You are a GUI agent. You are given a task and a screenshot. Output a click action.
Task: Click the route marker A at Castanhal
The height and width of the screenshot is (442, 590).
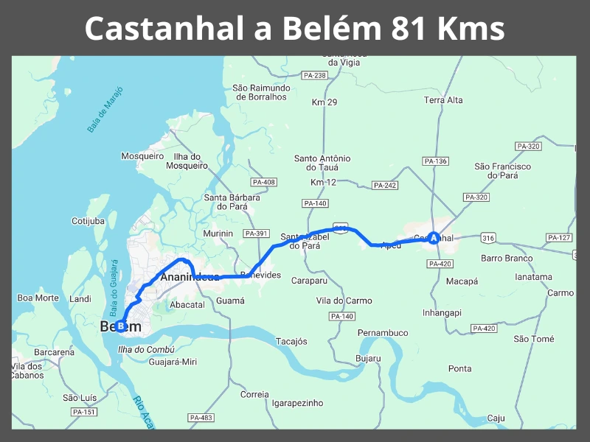click(x=434, y=237)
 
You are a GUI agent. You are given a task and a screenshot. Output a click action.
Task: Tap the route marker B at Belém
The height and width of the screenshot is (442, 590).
click(x=120, y=326)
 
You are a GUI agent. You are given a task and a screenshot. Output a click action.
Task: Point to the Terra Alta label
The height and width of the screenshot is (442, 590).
click(x=443, y=100)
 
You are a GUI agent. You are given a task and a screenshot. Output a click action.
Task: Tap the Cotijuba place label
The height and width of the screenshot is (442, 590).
click(x=88, y=221)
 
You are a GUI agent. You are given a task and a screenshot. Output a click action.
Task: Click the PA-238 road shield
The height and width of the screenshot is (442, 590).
click(x=314, y=75)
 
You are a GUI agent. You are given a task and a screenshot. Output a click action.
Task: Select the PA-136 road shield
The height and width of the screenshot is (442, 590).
click(x=435, y=161)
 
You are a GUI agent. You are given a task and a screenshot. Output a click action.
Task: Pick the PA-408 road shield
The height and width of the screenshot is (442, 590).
click(x=263, y=182)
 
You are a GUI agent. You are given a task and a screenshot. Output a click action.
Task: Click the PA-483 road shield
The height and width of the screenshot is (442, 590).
click(x=201, y=418)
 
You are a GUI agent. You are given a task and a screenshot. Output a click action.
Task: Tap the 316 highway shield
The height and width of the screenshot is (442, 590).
click(x=487, y=237)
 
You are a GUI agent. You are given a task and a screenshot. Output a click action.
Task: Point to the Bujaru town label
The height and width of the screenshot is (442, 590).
click(x=368, y=359)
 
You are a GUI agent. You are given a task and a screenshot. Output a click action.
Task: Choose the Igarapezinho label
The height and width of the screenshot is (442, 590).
click(x=297, y=403)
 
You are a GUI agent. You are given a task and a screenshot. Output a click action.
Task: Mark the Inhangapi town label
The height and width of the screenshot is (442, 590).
click(x=442, y=312)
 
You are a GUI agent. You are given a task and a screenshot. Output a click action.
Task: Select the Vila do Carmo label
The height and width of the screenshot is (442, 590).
click(x=344, y=300)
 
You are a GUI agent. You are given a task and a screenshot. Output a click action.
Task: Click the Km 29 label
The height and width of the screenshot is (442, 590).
click(x=324, y=102)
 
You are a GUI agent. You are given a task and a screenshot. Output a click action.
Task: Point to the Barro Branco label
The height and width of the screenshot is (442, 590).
click(x=507, y=258)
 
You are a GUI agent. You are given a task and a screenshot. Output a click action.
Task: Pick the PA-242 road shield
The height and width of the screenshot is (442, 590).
click(x=385, y=186)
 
